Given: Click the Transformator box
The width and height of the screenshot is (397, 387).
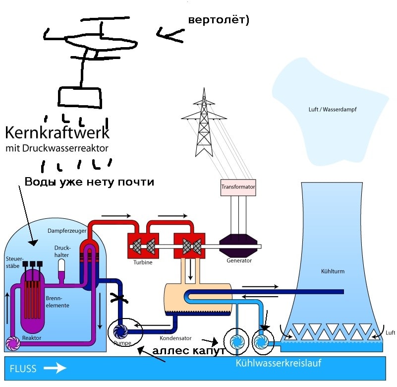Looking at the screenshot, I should [x=238, y=187].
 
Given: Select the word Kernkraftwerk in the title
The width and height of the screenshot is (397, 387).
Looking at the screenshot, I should [x=57, y=133].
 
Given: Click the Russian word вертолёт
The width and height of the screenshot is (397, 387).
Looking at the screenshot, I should [x=218, y=20].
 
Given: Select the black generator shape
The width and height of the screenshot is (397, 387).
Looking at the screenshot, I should [x=238, y=245].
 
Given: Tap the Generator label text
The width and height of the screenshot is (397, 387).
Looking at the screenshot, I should [x=239, y=260].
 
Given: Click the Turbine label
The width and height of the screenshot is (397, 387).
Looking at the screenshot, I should [x=143, y=262].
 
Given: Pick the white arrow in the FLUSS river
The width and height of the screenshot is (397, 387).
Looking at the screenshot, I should [x=54, y=368].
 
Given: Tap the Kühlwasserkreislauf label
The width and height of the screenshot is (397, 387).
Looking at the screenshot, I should [x=279, y=363].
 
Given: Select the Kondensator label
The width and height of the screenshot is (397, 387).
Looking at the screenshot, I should [x=176, y=338].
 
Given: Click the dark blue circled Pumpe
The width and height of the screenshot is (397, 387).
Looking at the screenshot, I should [x=120, y=331].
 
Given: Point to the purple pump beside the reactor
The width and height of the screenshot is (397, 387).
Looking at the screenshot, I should [x=13, y=342].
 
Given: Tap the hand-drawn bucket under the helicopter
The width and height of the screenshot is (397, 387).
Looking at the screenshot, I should [x=80, y=98].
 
